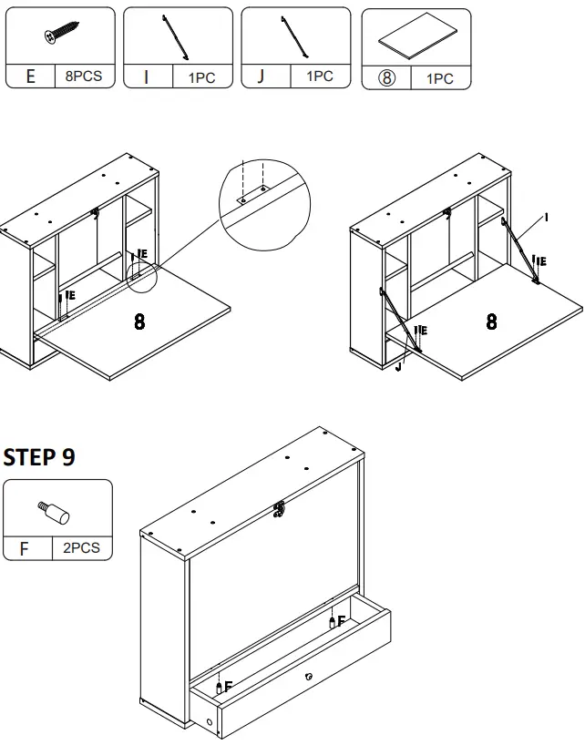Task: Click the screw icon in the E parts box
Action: tap(60, 36)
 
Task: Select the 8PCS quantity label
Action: tap(84, 77)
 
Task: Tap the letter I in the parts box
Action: tap(146, 77)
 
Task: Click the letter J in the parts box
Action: tap(262, 77)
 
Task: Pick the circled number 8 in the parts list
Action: tap(385, 78)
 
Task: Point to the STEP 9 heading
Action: tap(39, 457)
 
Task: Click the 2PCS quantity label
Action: tap(82, 548)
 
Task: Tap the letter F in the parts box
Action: tap(25, 549)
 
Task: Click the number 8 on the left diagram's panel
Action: tap(139, 322)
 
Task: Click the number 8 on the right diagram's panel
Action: tap(492, 321)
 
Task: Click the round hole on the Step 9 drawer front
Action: tap(310, 676)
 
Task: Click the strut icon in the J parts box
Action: tap(294, 36)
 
